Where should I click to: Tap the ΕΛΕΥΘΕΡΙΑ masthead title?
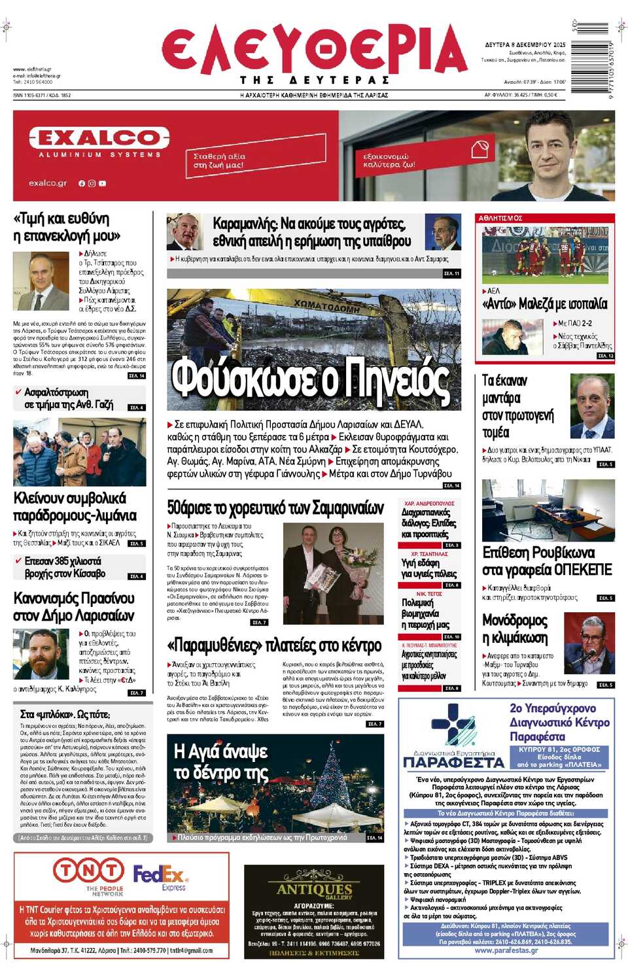(x=314, y=51)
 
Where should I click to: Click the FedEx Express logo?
(x=161, y=876)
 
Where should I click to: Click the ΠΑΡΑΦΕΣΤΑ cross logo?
(x=454, y=726)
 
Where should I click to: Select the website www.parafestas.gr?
(x=506, y=950)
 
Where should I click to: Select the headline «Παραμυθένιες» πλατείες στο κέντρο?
(x=274, y=646)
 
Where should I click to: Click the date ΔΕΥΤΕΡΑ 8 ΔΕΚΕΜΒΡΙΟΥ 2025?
(x=525, y=44)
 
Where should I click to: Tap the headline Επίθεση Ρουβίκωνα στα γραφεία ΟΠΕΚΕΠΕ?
(x=547, y=561)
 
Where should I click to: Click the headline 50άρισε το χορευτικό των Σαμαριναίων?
(x=275, y=508)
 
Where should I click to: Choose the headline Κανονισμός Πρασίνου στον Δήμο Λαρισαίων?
(x=74, y=607)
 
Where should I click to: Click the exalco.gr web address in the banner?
(x=48, y=183)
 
